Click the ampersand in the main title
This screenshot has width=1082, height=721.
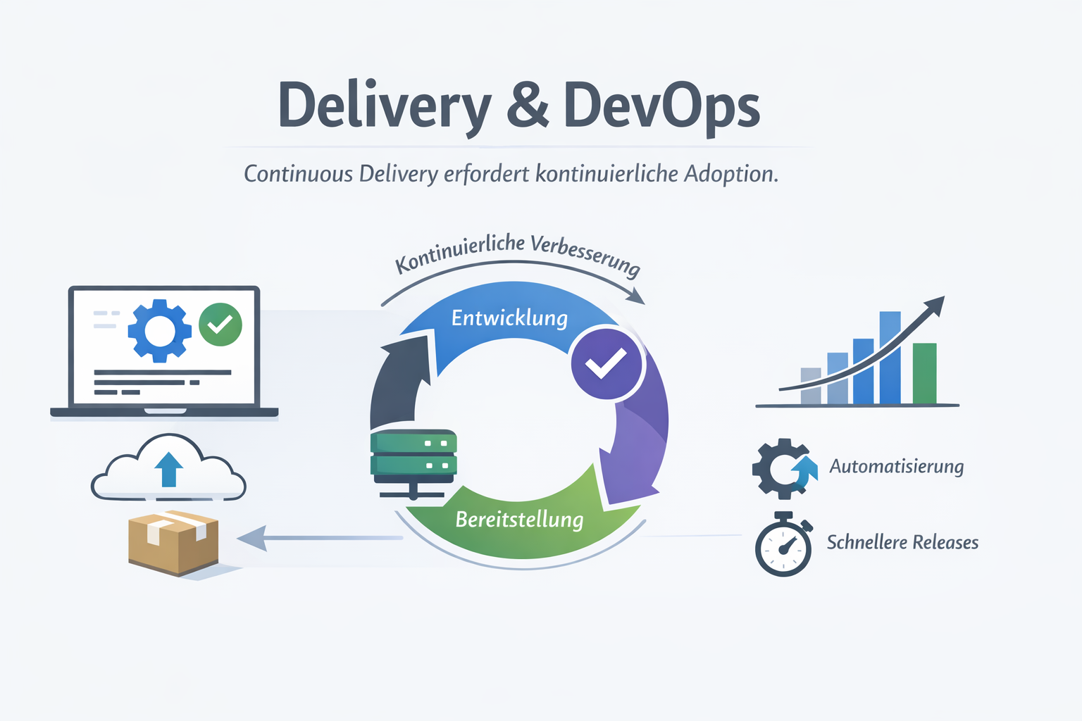pyautogui.click(x=527, y=106)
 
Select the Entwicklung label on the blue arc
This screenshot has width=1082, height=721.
pyautogui.click(x=509, y=318)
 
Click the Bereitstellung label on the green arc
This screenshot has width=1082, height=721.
pyautogui.click(x=519, y=520)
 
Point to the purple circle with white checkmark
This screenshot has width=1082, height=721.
pyautogui.click(x=607, y=364)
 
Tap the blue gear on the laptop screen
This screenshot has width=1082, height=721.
pyautogui.click(x=159, y=331)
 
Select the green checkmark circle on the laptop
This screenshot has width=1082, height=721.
pyautogui.click(x=220, y=325)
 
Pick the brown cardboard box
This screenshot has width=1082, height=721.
pyautogui.click(x=173, y=541)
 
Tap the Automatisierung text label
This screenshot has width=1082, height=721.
pyautogui.click(x=896, y=467)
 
